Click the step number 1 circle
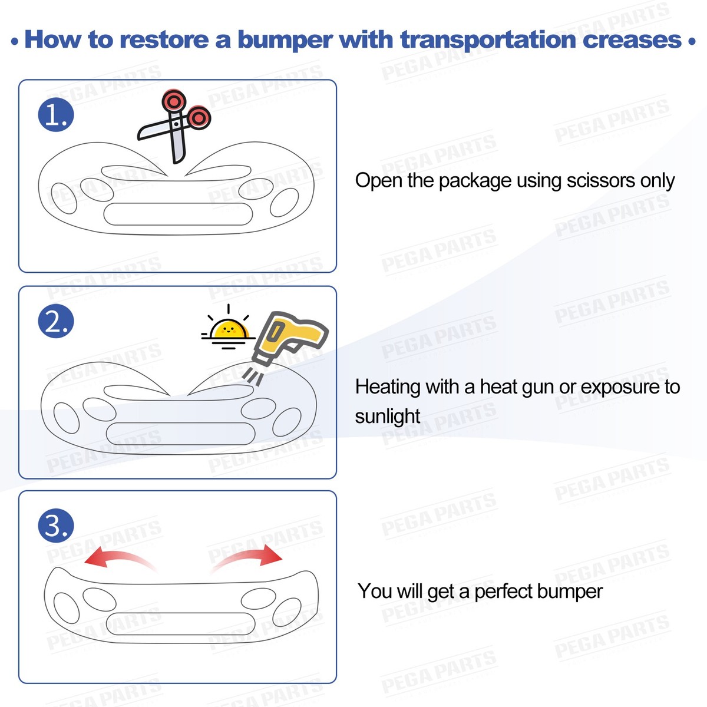point(56,114)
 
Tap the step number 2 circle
point(56,321)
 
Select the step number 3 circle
point(56,526)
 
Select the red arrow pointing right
point(247,557)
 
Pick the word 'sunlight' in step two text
point(387,417)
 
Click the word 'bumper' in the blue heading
point(285,39)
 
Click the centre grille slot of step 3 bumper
point(181,623)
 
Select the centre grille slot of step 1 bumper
point(179,214)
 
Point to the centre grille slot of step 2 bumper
point(180,433)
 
